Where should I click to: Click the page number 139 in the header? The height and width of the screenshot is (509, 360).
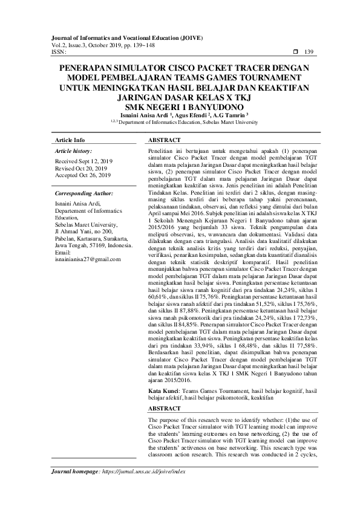[x=309, y=52]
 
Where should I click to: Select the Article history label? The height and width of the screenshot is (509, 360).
[x=73, y=150]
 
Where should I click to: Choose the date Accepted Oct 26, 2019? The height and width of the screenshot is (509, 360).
[x=82, y=175]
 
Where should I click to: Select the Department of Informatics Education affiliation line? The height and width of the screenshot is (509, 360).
[x=180, y=122]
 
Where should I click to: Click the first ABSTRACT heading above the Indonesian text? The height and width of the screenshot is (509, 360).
[x=165, y=140]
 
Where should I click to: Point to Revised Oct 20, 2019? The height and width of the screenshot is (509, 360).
[x=80, y=169]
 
